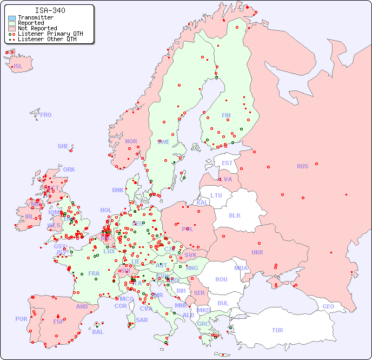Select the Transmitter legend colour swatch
tap(12, 18)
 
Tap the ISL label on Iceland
tap(18, 67)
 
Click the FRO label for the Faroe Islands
tap(46, 115)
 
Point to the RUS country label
tap(302, 166)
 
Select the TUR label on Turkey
tap(277, 330)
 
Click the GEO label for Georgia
tap(328, 306)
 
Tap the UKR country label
tap(257, 252)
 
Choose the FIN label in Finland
tap(226, 115)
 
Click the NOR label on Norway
tap(131, 141)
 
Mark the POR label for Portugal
tap(21, 319)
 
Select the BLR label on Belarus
tap(235, 215)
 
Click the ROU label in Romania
tap(221, 279)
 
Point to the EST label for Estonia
tap(227, 163)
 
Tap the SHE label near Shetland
tap(63, 146)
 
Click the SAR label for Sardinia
tap(142, 320)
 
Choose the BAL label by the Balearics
tap(97, 332)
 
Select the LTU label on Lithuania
tap(216, 195)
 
